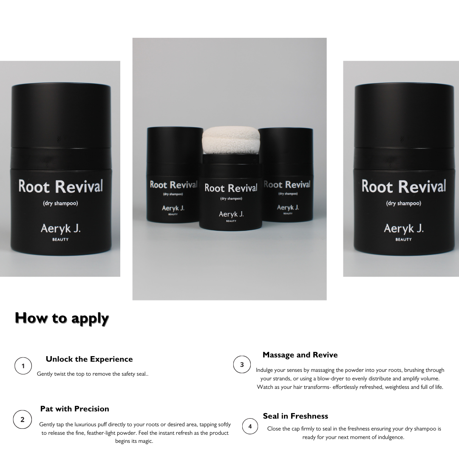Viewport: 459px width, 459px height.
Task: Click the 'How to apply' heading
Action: click(x=62, y=319)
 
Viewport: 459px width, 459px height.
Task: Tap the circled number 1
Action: click(x=23, y=365)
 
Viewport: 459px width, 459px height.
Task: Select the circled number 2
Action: click(x=22, y=419)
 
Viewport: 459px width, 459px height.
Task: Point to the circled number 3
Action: click(x=242, y=365)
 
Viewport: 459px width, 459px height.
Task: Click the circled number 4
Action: click(x=250, y=426)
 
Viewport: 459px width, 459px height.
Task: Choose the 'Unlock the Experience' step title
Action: click(x=89, y=359)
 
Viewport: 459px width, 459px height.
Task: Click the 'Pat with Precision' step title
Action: click(x=75, y=409)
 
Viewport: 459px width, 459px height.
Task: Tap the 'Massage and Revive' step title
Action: click(x=300, y=355)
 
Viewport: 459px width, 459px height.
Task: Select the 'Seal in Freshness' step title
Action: click(x=295, y=416)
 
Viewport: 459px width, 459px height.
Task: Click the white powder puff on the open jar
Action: click(x=231, y=141)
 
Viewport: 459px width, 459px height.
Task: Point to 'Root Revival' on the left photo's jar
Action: click(x=61, y=187)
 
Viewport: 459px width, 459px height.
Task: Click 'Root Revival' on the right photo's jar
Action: click(x=404, y=187)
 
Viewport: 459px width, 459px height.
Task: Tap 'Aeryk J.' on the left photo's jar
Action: click(x=61, y=229)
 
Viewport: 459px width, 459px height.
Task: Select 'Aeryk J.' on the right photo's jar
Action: click(x=404, y=229)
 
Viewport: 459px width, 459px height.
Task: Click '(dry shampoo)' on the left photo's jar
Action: click(x=61, y=203)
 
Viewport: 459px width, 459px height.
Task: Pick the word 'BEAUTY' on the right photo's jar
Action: click(x=404, y=239)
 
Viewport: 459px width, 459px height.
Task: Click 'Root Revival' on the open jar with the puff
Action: click(x=231, y=188)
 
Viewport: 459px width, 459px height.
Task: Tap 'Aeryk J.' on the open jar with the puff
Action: click(x=231, y=214)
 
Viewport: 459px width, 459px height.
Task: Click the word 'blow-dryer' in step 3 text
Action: click(x=331, y=379)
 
